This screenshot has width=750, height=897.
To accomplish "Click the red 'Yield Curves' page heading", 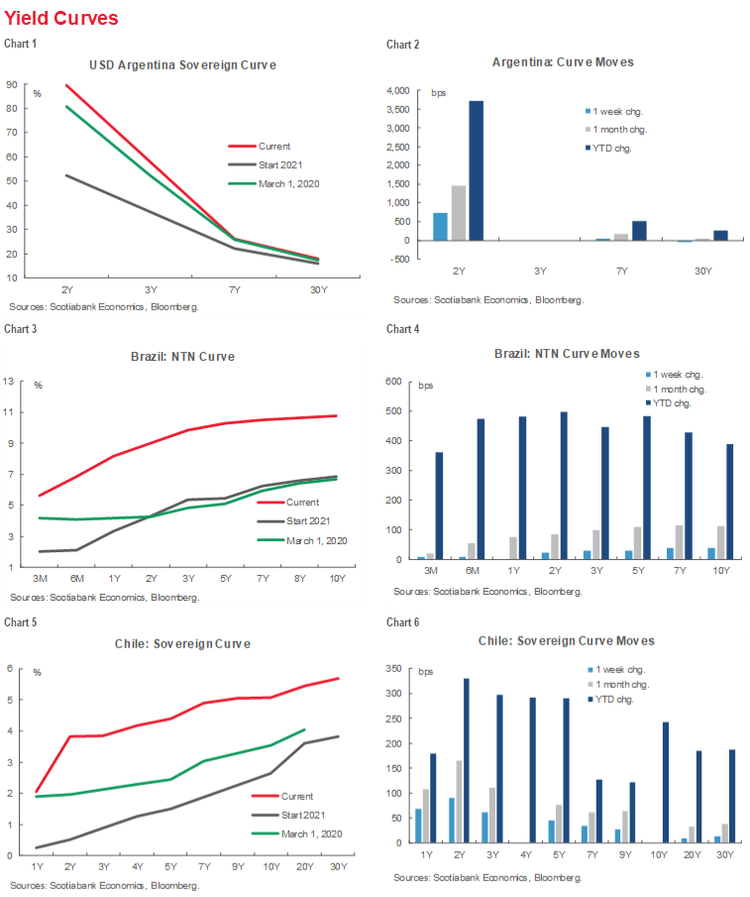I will tap(60, 19).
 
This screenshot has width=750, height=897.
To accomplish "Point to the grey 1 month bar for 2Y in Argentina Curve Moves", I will tap(459, 212).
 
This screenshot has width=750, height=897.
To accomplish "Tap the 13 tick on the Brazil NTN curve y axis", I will tap(10, 381).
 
